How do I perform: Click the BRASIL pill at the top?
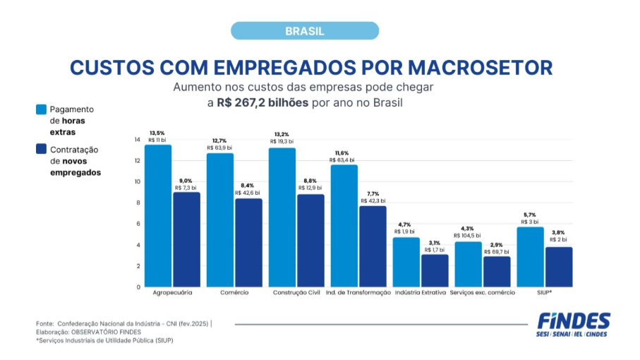coord(305,31)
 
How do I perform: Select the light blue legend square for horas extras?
coord(42,109)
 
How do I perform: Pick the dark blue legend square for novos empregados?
coord(42,150)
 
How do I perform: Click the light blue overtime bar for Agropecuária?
coord(158,215)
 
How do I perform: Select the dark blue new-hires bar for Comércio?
coord(248,242)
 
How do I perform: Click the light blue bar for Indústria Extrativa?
coord(406,262)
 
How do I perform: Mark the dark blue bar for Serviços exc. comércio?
coord(497,271)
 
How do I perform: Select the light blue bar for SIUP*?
coord(531,257)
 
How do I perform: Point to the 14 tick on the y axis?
coord(137,140)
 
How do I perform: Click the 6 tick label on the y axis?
coord(138,224)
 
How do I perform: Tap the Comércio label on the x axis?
coord(234,292)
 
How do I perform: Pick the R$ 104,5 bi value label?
coord(467,235)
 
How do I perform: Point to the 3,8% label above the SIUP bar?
coord(558,232)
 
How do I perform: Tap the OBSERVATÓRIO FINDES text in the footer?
coord(107,332)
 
